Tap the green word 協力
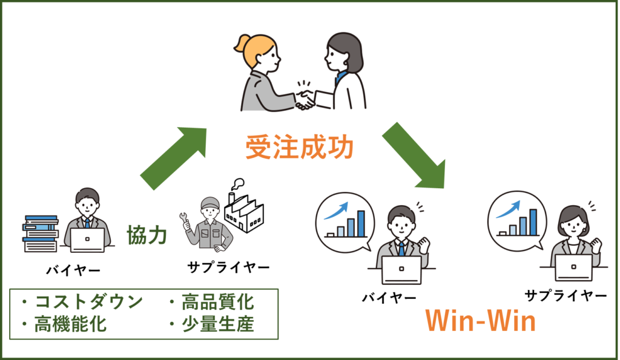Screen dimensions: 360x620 tap(147, 235)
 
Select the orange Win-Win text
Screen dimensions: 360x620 tap(480, 321)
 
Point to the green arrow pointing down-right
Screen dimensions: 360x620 tap(414, 154)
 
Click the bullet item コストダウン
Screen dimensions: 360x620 tap(82, 302)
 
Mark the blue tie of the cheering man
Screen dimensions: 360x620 tap(400, 249)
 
